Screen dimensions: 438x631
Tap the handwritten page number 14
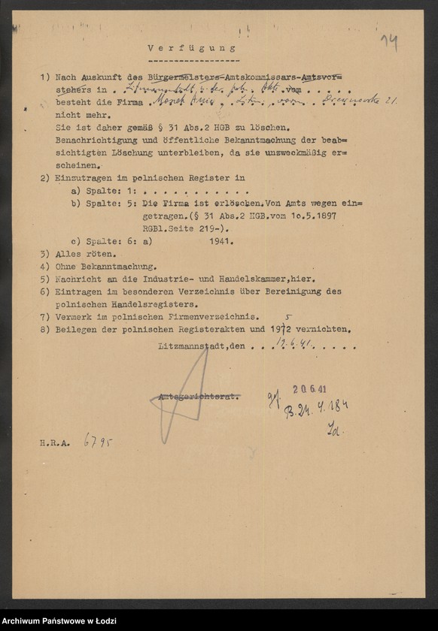[x=389, y=42]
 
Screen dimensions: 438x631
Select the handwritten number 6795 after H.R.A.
[x=98, y=441]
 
